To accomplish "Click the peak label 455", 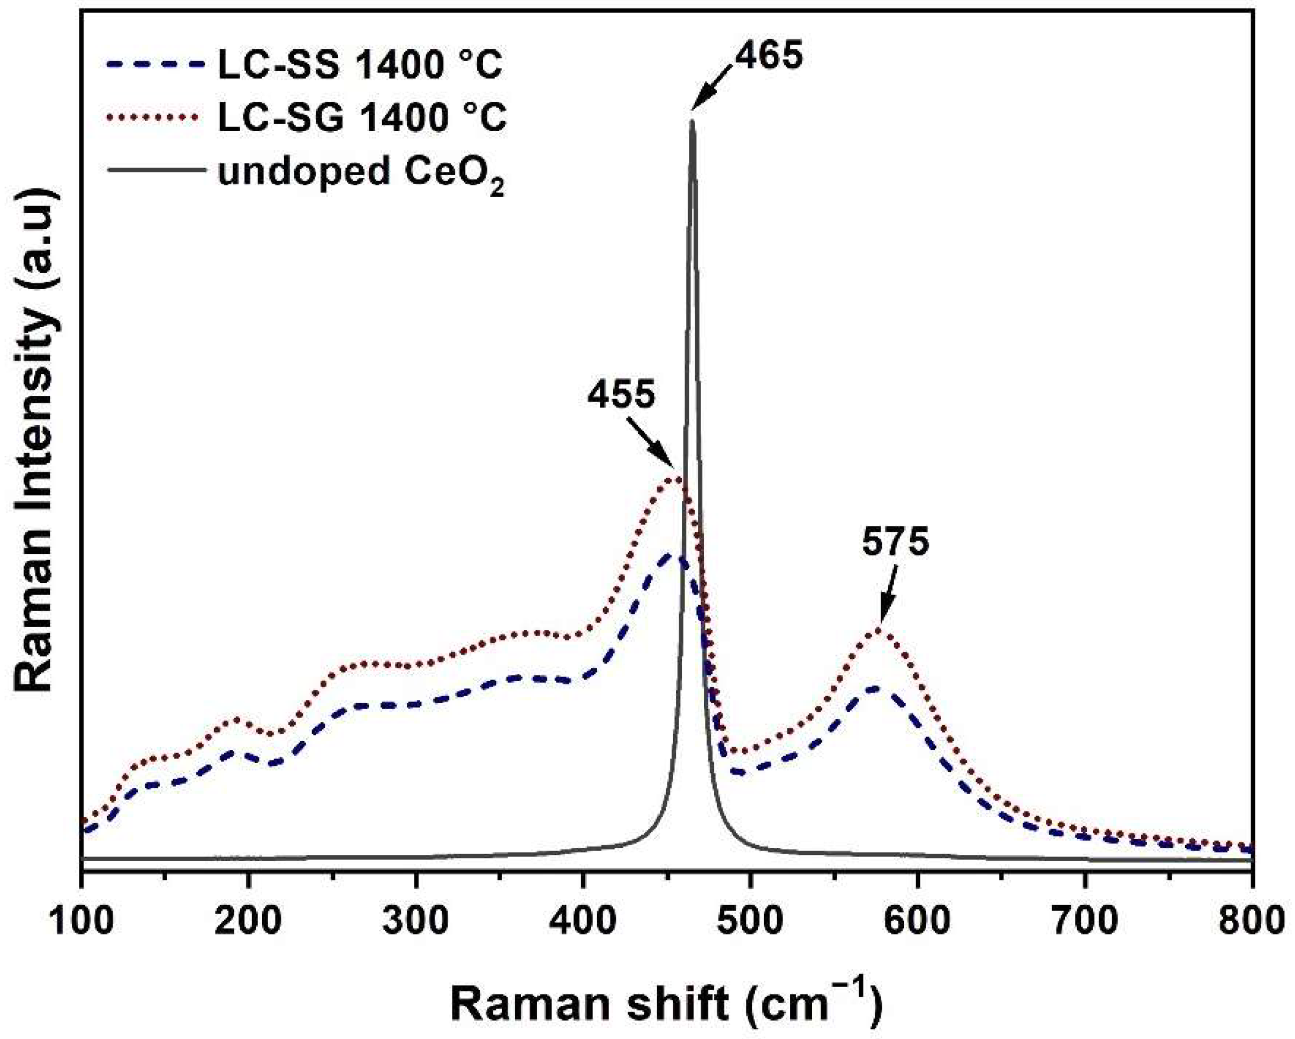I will (x=621, y=396).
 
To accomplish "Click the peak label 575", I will (x=896, y=543).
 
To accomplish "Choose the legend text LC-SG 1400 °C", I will (x=362, y=118).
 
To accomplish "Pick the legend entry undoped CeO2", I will (x=361, y=175).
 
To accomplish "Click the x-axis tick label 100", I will (x=81, y=921).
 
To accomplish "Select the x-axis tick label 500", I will (x=750, y=921).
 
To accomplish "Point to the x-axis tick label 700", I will (x=1085, y=921).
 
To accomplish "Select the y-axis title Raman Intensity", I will (x=37, y=441).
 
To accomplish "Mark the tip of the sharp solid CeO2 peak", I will (x=692, y=122).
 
